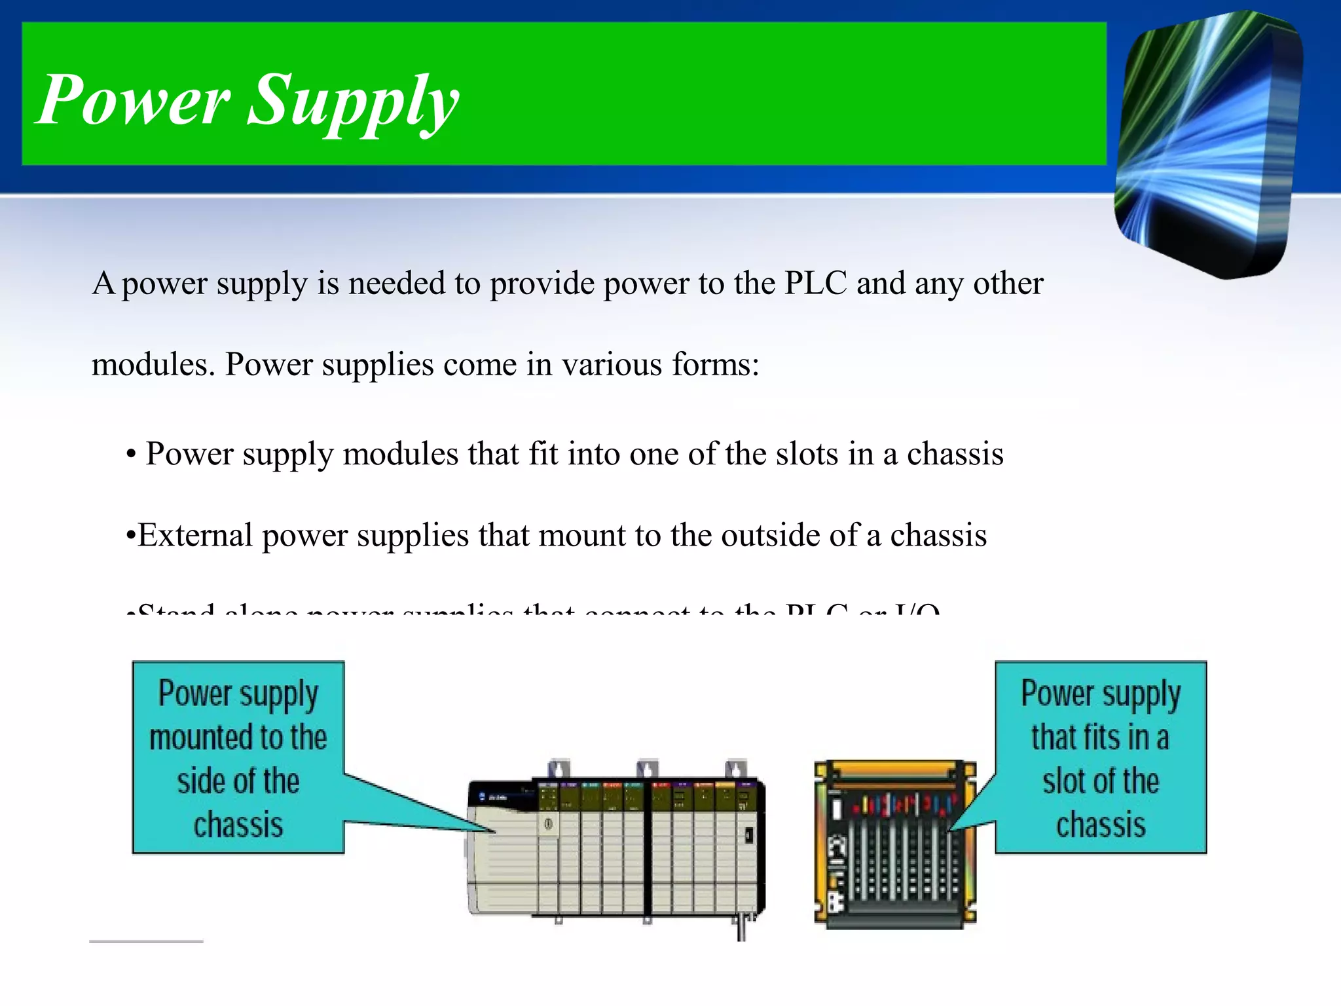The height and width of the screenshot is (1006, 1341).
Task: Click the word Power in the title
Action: (134, 100)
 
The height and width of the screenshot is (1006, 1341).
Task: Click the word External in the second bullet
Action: (195, 535)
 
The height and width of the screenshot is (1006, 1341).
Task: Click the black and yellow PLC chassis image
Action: (894, 845)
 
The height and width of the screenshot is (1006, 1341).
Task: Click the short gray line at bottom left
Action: (146, 941)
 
